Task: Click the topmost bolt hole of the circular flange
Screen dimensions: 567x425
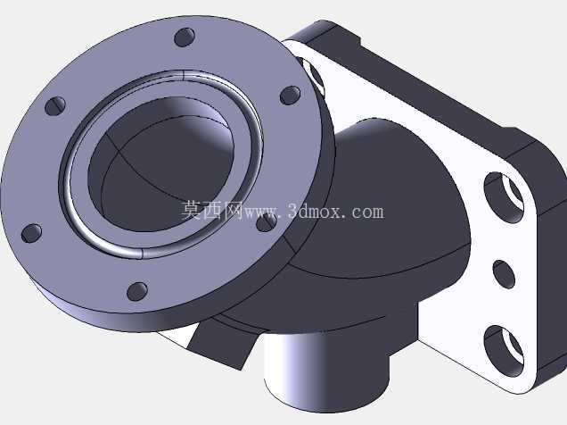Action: pyautogui.click(x=185, y=37)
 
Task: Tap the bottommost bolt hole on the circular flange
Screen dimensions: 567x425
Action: pyautogui.click(x=137, y=291)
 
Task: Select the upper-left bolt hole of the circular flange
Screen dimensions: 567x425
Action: pyautogui.click(x=55, y=106)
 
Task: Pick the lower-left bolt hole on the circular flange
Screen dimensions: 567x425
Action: pyautogui.click(x=32, y=234)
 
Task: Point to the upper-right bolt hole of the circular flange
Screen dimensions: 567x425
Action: pyautogui.click(x=291, y=96)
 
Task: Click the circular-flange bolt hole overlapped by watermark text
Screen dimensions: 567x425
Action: pyautogui.click(x=267, y=222)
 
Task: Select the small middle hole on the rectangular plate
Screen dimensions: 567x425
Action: pyautogui.click(x=504, y=274)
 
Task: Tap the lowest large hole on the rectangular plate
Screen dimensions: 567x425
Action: pyautogui.click(x=504, y=351)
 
